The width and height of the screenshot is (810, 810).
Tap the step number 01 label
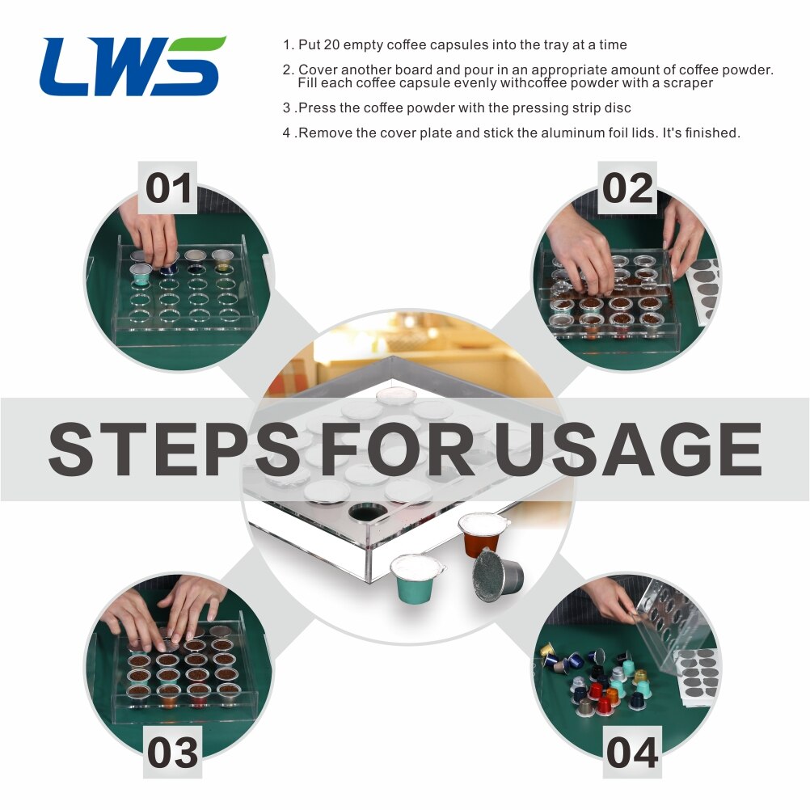168,188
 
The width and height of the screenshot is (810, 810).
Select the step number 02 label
626,188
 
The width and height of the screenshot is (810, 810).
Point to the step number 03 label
172,753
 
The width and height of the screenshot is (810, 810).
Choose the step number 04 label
632,753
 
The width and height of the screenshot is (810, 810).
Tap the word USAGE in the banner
628,449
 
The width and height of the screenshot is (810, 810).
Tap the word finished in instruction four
711,133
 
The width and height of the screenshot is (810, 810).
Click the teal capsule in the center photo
416,578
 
